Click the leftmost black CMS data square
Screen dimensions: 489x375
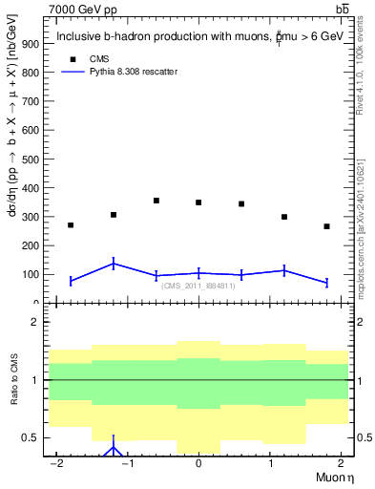click(x=71, y=225)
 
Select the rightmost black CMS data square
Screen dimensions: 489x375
click(x=326, y=226)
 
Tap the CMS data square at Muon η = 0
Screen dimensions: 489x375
click(x=198, y=202)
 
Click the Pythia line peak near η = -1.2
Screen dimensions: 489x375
click(x=114, y=264)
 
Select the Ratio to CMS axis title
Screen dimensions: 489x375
click(x=12, y=394)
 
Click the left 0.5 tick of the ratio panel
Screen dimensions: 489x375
click(x=33, y=437)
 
